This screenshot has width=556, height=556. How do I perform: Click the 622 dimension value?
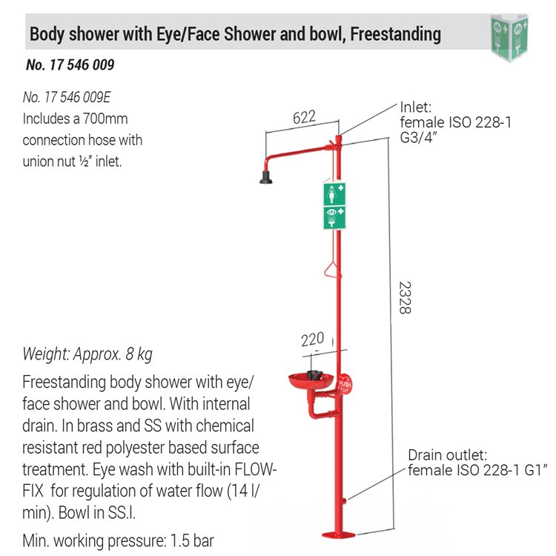304,117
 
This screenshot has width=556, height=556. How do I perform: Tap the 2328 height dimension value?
406,298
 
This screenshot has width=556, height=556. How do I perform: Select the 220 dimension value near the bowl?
312,340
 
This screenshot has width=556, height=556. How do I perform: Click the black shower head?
266,177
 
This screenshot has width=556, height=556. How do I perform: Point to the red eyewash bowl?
311,381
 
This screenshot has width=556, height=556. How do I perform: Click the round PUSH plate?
344,385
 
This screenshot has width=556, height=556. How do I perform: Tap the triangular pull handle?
333,270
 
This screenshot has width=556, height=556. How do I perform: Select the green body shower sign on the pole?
334,193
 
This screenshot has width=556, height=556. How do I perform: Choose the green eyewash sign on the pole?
334,218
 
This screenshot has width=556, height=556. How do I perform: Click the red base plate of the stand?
338,535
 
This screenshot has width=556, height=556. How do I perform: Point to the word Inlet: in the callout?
416,107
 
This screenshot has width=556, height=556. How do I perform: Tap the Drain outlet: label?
448,455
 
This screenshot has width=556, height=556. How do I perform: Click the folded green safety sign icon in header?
509,37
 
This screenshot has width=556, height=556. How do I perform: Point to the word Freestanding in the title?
396,34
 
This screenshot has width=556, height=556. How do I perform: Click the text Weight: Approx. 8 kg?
87,354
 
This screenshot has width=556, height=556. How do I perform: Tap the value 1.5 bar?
192,540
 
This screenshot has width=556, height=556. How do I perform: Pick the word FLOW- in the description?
255,469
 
